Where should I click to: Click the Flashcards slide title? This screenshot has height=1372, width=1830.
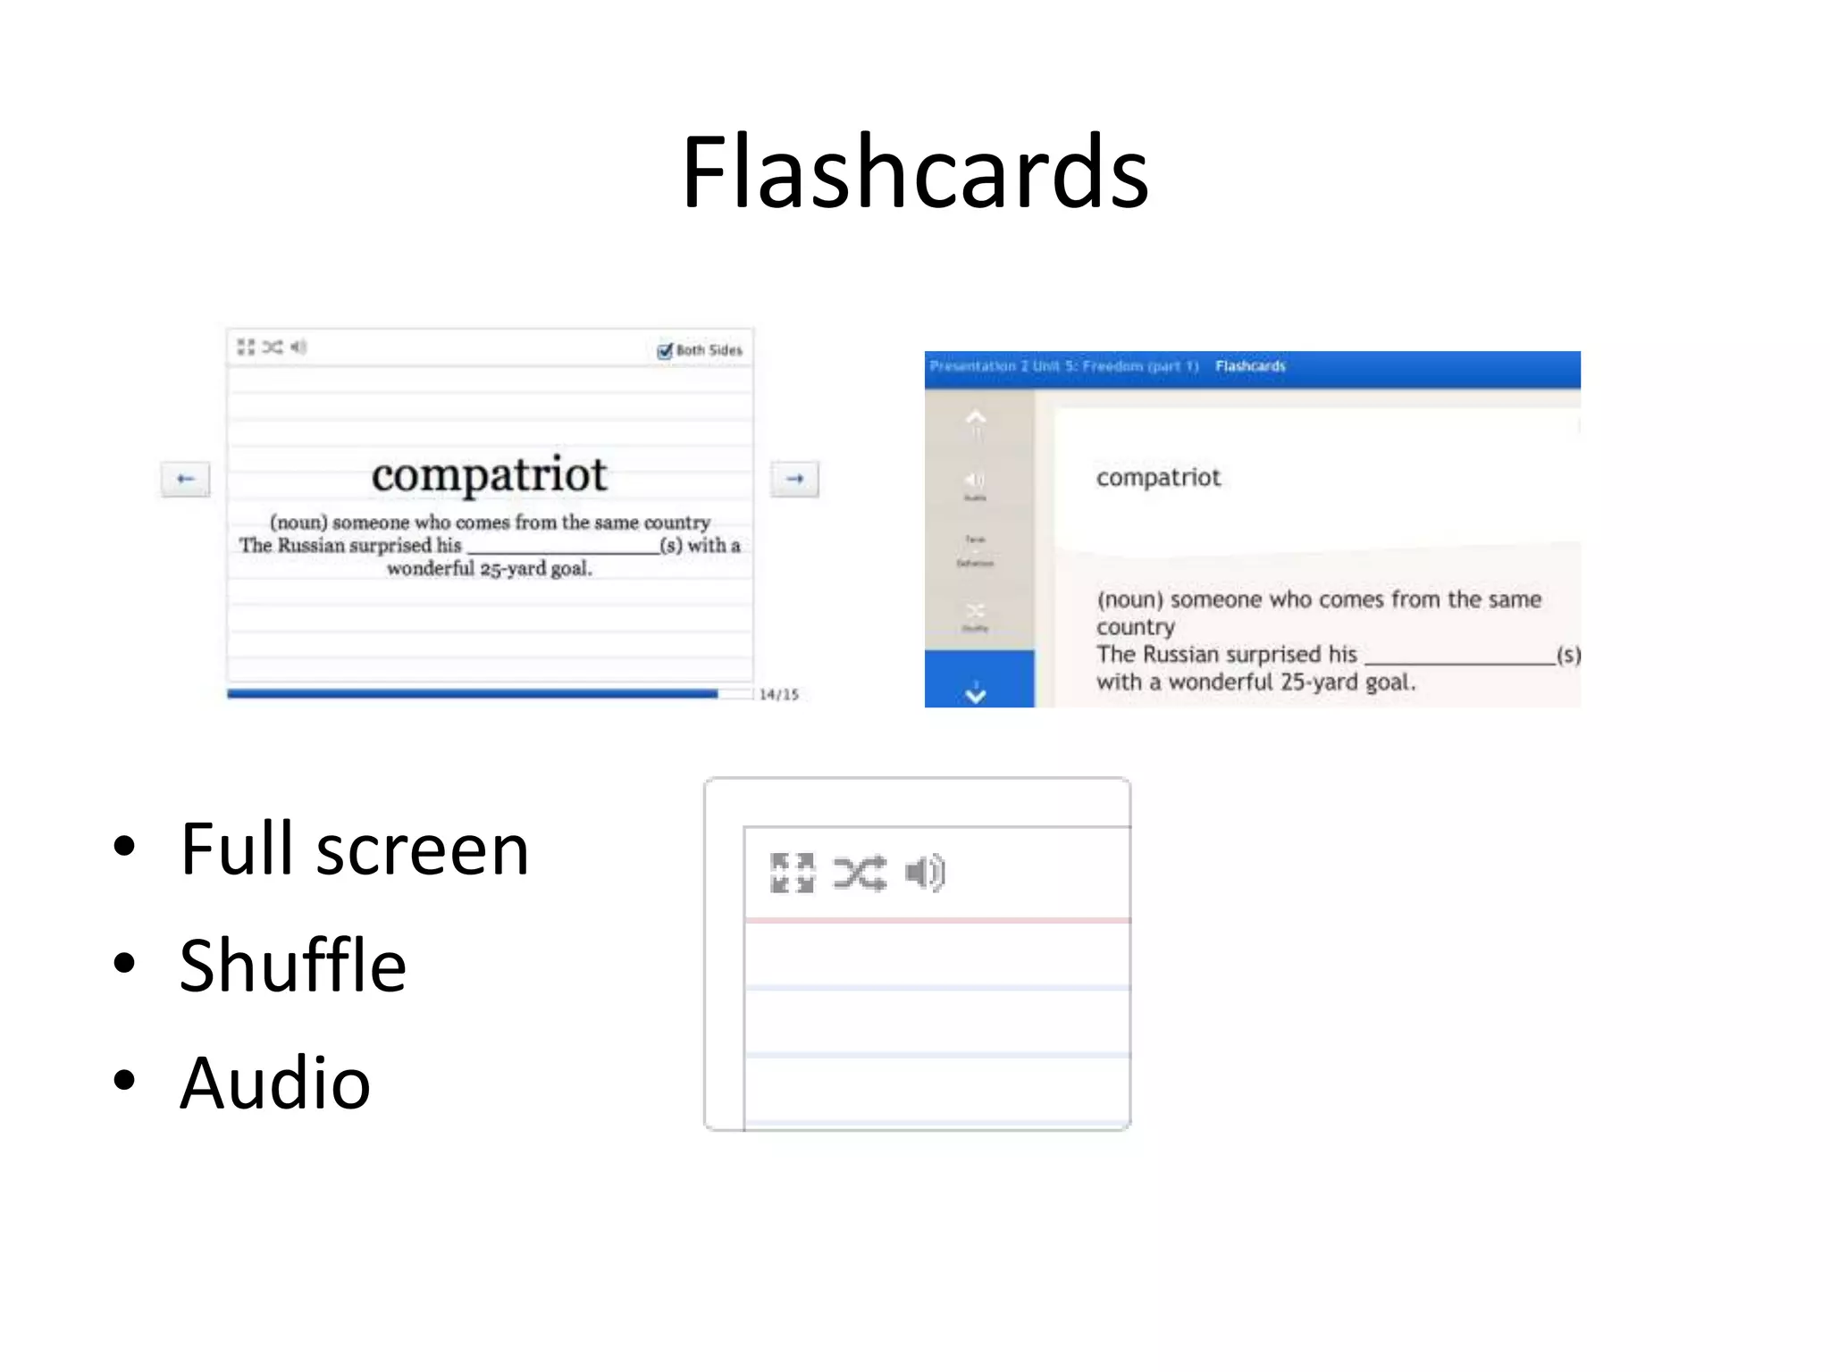coord(915,171)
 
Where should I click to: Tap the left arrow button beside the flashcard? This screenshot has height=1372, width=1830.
coord(186,479)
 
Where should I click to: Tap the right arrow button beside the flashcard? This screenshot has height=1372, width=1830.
coord(794,479)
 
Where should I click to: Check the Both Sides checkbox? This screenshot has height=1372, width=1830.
coord(665,350)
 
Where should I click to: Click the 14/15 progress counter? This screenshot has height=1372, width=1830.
coord(779,694)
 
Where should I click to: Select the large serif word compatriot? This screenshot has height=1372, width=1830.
coord(489,474)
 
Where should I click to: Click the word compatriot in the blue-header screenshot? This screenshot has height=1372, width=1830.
coord(1158,478)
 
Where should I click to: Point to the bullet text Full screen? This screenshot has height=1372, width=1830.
coord(354,849)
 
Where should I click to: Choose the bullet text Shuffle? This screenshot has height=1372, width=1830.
coord(293,966)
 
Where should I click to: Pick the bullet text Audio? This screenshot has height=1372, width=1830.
coord(275,1083)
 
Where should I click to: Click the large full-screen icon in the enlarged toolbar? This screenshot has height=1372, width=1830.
coord(793,873)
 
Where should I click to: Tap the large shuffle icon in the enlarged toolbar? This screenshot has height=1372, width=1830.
coord(860,873)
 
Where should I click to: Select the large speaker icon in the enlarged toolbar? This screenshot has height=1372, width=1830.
coord(925,873)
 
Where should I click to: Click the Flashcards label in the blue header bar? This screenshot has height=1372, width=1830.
coord(1250,366)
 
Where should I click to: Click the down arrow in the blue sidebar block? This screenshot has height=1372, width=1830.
coord(976,691)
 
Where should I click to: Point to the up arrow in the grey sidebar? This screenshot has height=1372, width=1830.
coord(976,418)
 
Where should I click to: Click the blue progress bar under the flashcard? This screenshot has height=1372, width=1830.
coord(472,694)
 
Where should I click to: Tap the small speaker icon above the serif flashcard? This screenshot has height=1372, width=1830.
coord(298,347)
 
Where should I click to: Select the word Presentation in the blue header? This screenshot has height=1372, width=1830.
coord(972,366)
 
